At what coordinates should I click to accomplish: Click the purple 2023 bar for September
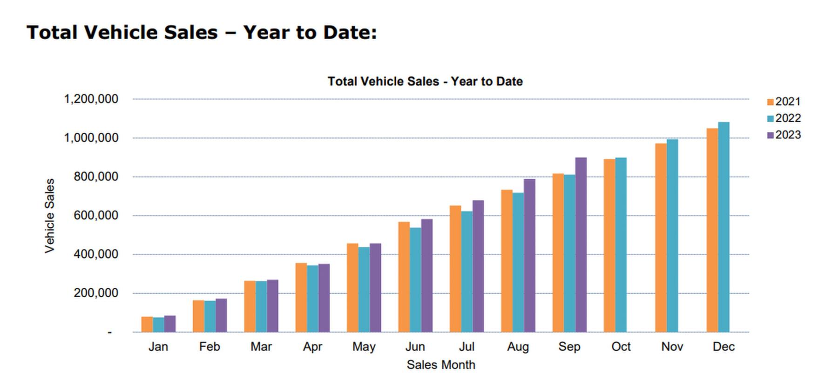pos(581,245)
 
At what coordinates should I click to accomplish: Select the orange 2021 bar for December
pos(712,230)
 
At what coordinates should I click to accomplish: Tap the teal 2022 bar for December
pos(723,227)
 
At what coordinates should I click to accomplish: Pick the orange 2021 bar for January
pos(147,324)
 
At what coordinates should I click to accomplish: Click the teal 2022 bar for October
pos(621,245)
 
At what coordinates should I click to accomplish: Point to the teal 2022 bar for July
pos(466,272)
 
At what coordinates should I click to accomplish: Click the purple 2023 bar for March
pos(272,306)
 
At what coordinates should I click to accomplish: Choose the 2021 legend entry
pos(784,102)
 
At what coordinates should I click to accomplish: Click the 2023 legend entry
pos(784,135)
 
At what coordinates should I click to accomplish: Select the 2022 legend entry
pos(784,118)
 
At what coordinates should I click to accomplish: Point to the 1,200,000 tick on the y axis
pos(91,99)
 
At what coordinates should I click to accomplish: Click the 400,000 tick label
pos(95,254)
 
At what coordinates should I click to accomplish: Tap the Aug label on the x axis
pos(518,347)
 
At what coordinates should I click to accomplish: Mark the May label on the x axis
pos(364,347)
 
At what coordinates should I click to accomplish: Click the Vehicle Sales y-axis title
pos(49,216)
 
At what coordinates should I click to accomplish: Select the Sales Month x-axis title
pos(440,365)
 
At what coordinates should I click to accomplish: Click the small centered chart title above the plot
pos(425,82)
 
